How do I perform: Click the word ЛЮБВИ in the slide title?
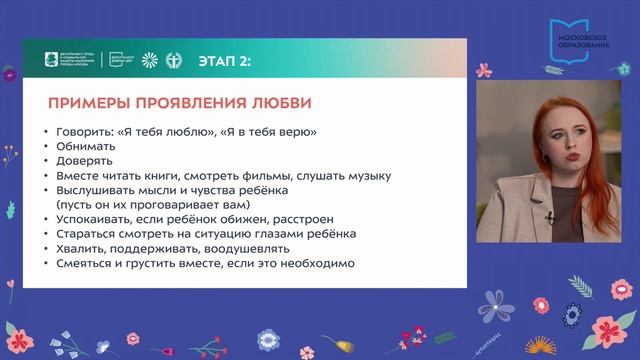click(275, 103)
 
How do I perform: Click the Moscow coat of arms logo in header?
click(37, 59)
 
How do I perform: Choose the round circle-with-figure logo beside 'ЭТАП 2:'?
click(174, 59)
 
